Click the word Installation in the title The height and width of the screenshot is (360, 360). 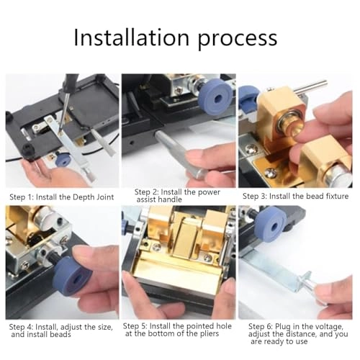pos(135,37)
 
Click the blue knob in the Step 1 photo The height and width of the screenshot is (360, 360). pos(64,160)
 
